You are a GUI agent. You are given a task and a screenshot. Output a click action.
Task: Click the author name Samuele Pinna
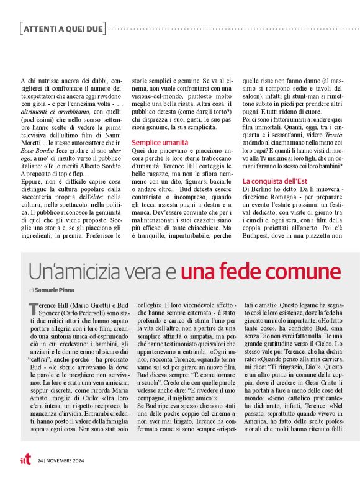click(x=56, y=290)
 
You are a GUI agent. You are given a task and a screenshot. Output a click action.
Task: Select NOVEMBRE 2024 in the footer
click(x=66, y=460)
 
